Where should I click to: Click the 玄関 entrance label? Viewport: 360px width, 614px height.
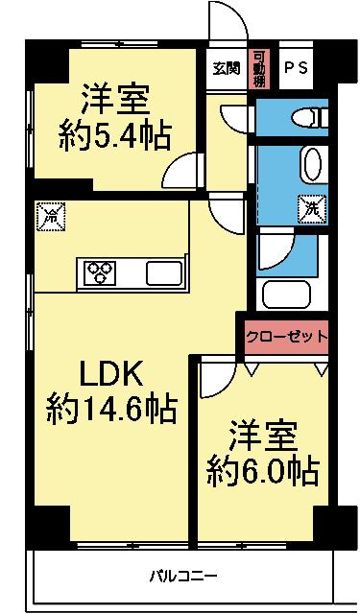point(228,68)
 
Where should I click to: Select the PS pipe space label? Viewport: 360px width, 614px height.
point(297,68)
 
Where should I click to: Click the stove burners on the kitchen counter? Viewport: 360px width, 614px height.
point(99,272)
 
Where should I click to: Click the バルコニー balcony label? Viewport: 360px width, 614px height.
point(182,577)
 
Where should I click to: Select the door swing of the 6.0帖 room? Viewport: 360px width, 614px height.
point(213,382)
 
